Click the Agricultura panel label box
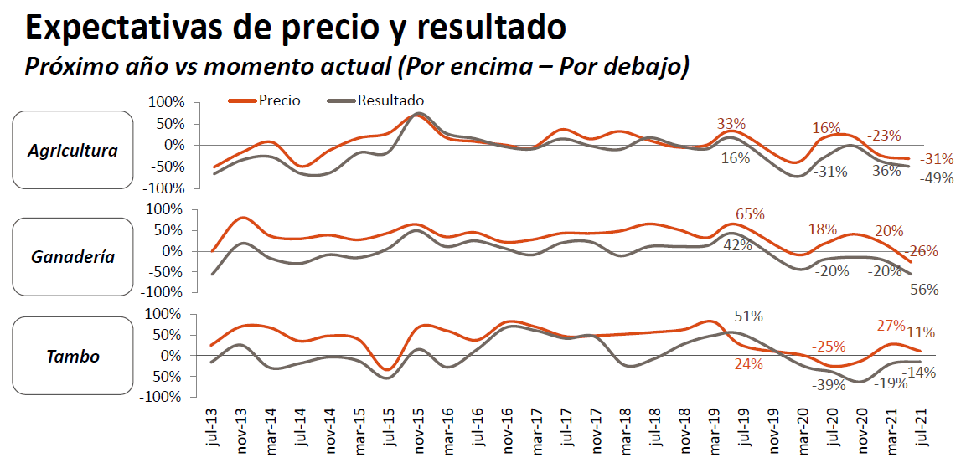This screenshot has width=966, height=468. pyautogui.click(x=73, y=151)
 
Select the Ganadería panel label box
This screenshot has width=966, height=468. pyautogui.click(x=73, y=256)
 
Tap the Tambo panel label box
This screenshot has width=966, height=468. pyautogui.click(x=73, y=356)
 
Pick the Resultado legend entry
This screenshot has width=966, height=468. pyautogui.click(x=390, y=100)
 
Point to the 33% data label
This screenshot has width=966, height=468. pyautogui.click(x=731, y=124)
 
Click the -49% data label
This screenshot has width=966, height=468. pyautogui.click(x=937, y=177)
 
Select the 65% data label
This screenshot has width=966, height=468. pyautogui.click(x=750, y=214)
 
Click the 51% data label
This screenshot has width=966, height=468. pyautogui.click(x=748, y=316)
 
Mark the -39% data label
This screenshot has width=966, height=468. pyautogui.click(x=828, y=384)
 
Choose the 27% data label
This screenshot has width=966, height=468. pyautogui.click(x=891, y=326)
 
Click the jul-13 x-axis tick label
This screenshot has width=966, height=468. pyautogui.click(x=211, y=428)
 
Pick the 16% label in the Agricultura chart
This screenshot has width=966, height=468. pyautogui.click(x=826, y=128)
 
